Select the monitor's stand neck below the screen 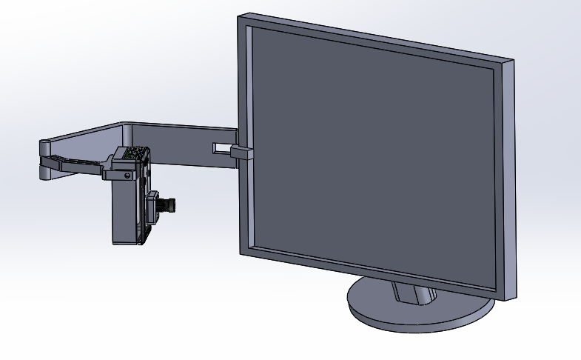point(412,293)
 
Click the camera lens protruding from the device point(171,204)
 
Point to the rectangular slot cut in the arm point(221,148)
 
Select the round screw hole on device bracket point(128,176)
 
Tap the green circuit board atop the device point(134,153)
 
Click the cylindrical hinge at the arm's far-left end point(44,159)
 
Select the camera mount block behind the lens point(156,207)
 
